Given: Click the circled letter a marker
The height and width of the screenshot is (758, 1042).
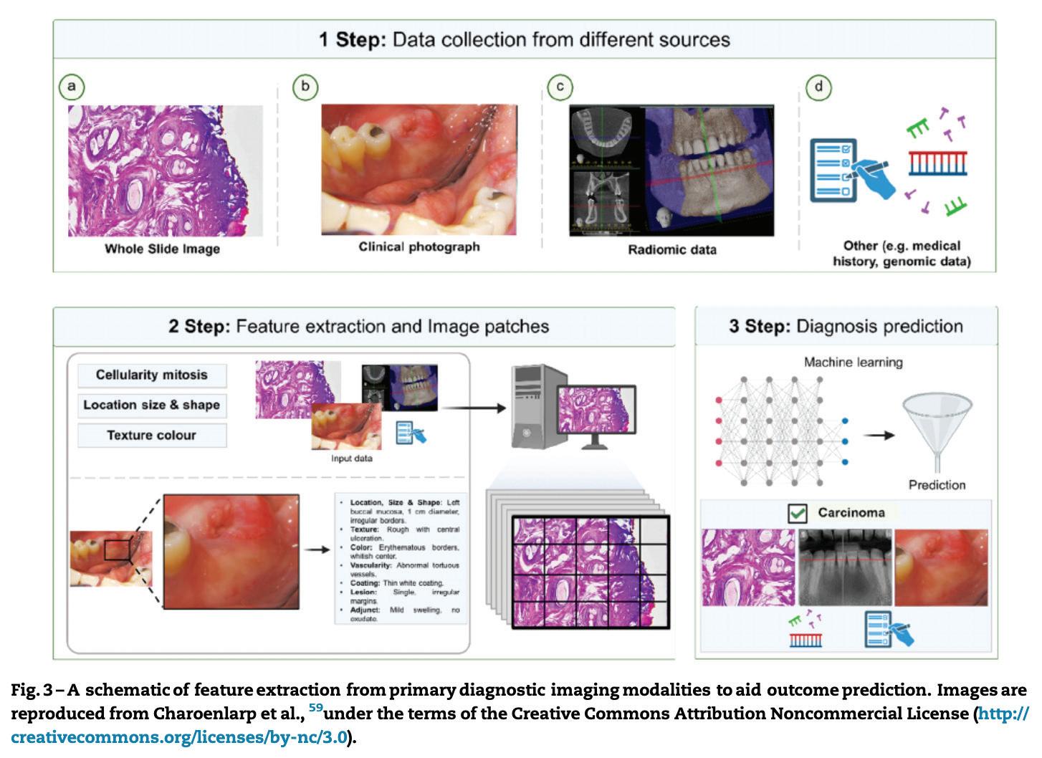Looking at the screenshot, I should (x=71, y=87).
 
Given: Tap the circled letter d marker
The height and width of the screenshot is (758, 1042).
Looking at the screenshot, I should (x=818, y=87).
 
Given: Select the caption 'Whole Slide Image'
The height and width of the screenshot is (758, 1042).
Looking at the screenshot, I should (x=162, y=249).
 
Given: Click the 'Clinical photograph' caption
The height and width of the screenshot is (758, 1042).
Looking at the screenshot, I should (x=419, y=247).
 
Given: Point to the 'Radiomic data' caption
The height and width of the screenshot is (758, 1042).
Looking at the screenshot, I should (x=671, y=250).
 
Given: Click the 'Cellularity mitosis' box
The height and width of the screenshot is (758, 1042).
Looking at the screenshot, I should (x=151, y=375).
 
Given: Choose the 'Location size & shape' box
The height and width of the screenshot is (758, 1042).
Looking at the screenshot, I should (x=151, y=405).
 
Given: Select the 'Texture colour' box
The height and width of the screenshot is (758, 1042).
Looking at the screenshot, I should (x=151, y=435).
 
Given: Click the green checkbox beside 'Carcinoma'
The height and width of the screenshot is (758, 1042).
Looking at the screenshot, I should (x=797, y=513).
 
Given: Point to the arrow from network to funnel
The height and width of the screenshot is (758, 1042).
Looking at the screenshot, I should (x=879, y=435).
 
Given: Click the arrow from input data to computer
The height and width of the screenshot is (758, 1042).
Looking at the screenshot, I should (x=473, y=408).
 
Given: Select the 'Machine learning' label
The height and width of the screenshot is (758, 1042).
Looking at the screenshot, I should (x=853, y=363).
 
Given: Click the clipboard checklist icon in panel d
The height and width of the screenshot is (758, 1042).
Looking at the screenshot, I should (x=831, y=170).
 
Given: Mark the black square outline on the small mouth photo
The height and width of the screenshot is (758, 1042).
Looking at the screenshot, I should (x=117, y=550).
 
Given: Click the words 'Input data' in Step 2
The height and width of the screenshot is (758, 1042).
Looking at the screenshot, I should (x=351, y=459).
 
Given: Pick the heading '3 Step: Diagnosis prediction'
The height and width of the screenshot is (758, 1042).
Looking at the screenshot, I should (x=846, y=327).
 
